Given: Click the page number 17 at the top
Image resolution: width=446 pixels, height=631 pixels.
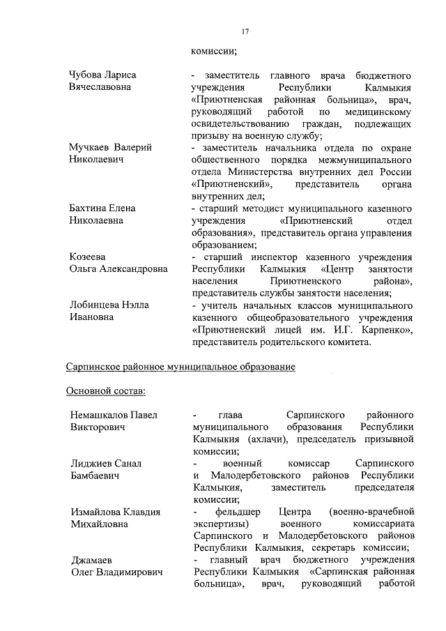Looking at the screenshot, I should (x=245, y=31).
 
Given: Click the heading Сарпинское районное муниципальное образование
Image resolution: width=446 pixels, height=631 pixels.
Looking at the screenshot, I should (x=180, y=366).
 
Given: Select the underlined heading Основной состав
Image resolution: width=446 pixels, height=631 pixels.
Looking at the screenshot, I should (x=105, y=390).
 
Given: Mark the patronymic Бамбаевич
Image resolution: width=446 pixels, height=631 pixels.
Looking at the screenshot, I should (x=95, y=476).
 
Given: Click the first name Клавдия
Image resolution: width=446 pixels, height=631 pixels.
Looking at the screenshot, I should (x=140, y=512).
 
